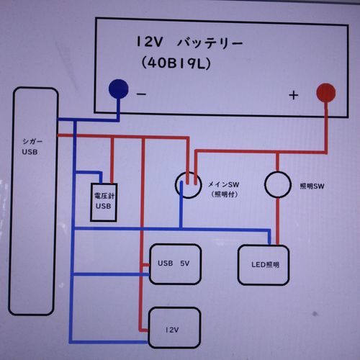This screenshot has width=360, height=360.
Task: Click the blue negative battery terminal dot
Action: click(x=119, y=89)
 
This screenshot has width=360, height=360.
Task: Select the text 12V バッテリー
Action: click(x=189, y=43)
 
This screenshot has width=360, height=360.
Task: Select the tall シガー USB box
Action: click(x=33, y=202)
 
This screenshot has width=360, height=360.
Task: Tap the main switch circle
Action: click(x=190, y=184)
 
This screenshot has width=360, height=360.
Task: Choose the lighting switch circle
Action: click(x=278, y=184)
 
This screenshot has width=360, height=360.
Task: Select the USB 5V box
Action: click(x=176, y=263)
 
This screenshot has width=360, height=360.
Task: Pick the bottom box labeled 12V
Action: click(x=173, y=328)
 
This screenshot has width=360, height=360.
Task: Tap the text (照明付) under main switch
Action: click(x=225, y=194)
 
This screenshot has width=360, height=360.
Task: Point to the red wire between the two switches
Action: click(x=234, y=152)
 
